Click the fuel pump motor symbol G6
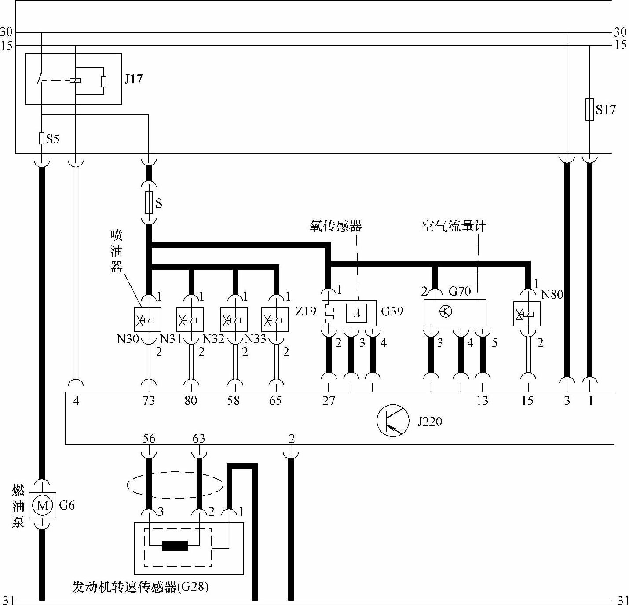click(x=43, y=505)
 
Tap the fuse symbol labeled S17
click(x=590, y=109)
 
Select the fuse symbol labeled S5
click(x=42, y=139)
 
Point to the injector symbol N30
click(x=147, y=319)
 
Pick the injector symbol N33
click(x=275, y=319)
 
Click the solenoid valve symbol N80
click(x=527, y=314)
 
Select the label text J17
click(x=133, y=79)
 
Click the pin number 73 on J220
click(x=149, y=400)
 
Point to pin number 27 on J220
click(x=329, y=400)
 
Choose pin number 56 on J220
click(x=149, y=438)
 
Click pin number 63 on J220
click(x=199, y=438)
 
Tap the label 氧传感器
click(x=336, y=226)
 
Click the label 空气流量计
click(x=454, y=226)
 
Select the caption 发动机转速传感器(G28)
click(x=140, y=587)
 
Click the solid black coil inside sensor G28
click(x=175, y=546)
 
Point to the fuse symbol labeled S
click(x=149, y=203)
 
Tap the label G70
click(x=460, y=291)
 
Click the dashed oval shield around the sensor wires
click(x=175, y=485)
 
